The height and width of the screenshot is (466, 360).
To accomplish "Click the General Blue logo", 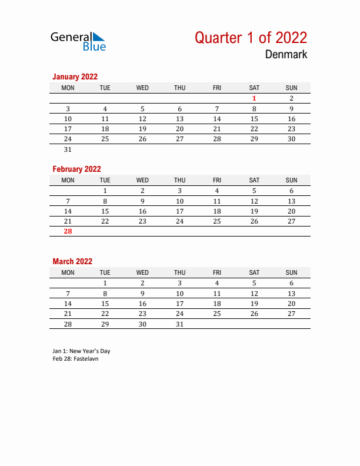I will click(78, 41).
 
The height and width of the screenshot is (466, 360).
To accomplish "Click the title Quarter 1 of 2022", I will click(251, 38).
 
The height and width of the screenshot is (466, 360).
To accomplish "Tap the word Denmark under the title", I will click(286, 55).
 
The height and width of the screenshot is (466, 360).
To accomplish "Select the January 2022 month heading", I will click(75, 76).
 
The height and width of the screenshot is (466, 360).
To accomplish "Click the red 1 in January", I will click(254, 98).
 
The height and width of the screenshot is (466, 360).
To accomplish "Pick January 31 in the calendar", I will click(68, 149).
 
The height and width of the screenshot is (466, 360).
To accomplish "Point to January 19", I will click(142, 129).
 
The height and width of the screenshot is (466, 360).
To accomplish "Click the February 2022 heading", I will click(76, 169).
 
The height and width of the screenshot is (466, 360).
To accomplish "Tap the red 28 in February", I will click(68, 231).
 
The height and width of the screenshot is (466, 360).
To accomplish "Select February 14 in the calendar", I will click(68, 211).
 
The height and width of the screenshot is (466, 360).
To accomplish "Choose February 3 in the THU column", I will click(180, 191).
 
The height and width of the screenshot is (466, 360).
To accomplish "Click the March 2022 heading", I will click(72, 261).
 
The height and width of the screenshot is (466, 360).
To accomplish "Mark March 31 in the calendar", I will click(180, 324).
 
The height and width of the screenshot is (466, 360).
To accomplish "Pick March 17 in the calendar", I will click(180, 304).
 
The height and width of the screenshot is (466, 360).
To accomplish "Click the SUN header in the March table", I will click(291, 272).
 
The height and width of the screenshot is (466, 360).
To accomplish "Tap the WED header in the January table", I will click(142, 88).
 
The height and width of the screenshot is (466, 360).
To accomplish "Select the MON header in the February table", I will click(68, 180).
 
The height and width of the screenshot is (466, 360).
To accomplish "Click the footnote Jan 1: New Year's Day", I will click(81, 351).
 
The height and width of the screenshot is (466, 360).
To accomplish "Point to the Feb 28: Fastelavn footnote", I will click(75, 358).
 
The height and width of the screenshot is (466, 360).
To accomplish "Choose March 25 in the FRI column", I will click(217, 314).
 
